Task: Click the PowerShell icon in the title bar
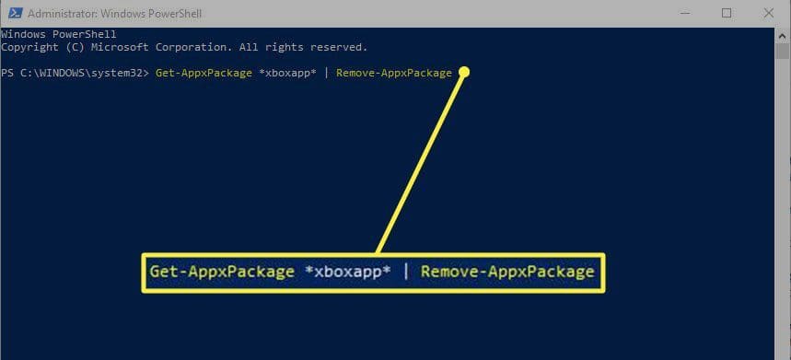coord(15,14)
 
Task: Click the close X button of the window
coord(769,14)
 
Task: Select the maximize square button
coord(727,14)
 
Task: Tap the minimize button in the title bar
coord(684,14)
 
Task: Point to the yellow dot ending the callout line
coord(465,73)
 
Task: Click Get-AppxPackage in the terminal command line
coord(204,73)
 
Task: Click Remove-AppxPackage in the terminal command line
coord(394,73)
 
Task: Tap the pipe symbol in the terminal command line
coord(326,73)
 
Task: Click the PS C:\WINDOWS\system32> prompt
coord(76,73)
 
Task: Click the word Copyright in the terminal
coord(29,47)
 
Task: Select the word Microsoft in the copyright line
coord(120,47)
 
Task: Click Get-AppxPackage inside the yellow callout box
coord(222,272)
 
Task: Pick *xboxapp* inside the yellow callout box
coord(348,272)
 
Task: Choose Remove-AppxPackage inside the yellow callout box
coord(507,272)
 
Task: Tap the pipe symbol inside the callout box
coord(406,273)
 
